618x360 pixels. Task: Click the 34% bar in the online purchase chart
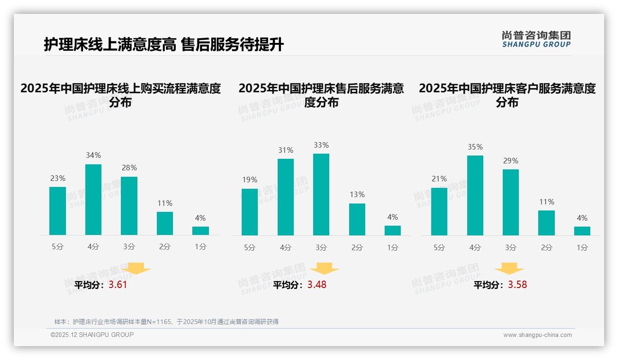93,199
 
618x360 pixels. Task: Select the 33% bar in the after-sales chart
321,194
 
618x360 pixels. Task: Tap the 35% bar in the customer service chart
475,195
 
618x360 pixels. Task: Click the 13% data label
357,195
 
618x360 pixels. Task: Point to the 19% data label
250,180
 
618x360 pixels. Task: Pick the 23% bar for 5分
58,211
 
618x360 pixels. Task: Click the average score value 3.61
118,285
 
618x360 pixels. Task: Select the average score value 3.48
317,285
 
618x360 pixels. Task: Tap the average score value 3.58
517,285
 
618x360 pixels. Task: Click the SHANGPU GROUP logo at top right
536,39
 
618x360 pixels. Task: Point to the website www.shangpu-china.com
537,335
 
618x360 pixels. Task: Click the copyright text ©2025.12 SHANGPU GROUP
92,335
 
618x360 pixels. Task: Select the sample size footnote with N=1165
166,322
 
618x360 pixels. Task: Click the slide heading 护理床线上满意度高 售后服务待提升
164,45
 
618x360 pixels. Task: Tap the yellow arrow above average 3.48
324,268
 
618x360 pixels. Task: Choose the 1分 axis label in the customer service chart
582,248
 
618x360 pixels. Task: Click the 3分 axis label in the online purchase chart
129,247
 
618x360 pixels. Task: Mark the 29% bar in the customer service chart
511,202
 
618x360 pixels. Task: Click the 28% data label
129,168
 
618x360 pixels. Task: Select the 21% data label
439,179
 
